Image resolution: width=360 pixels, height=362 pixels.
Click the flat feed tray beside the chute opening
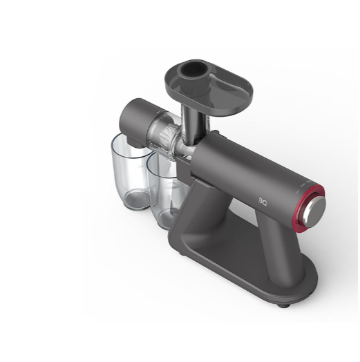[x=227, y=89]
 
